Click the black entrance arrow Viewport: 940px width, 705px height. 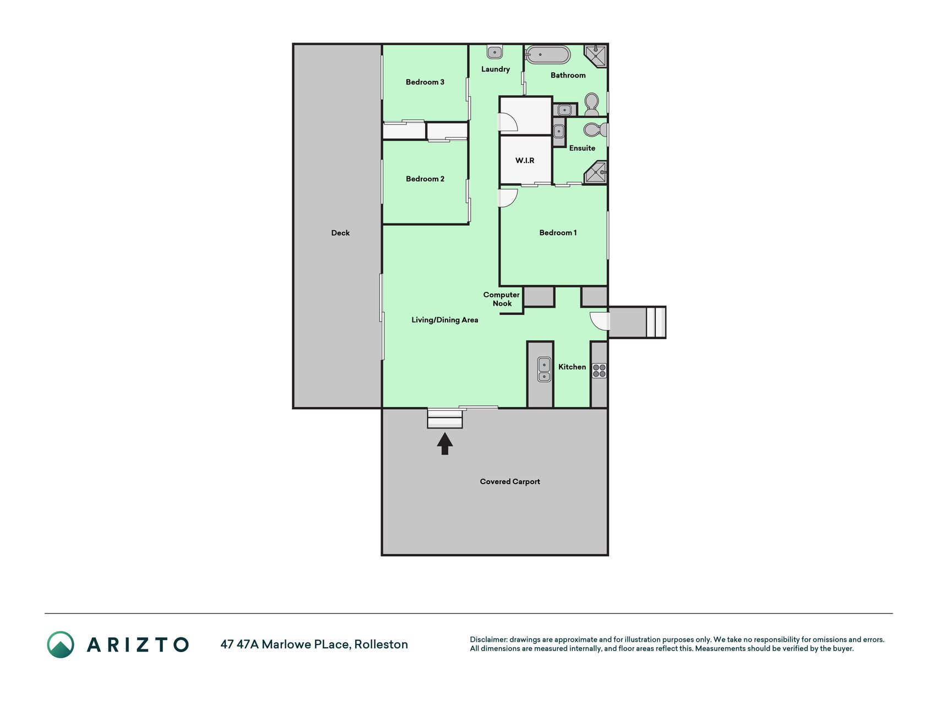click(445, 443)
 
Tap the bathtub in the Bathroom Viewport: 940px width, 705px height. click(547, 55)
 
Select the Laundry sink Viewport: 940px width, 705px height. click(495, 52)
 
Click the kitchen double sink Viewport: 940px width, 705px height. click(544, 370)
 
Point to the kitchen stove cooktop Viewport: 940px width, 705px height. click(599, 370)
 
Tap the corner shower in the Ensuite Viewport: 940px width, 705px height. click(595, 172)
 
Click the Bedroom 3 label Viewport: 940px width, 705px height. click(425, 82)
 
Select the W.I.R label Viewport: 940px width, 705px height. click(525, 160)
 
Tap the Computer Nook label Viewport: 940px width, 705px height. click(502, 299)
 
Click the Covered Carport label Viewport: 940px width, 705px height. click(510, 481)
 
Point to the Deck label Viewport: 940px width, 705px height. click(340, 233)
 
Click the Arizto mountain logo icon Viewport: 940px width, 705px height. click(61, 644)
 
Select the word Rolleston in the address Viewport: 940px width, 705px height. click(381, 644)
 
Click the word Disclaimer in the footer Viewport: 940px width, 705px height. click(488, 639)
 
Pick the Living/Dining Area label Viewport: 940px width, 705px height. click(445, 320)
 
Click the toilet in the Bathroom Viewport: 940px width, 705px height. click(591, 104)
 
